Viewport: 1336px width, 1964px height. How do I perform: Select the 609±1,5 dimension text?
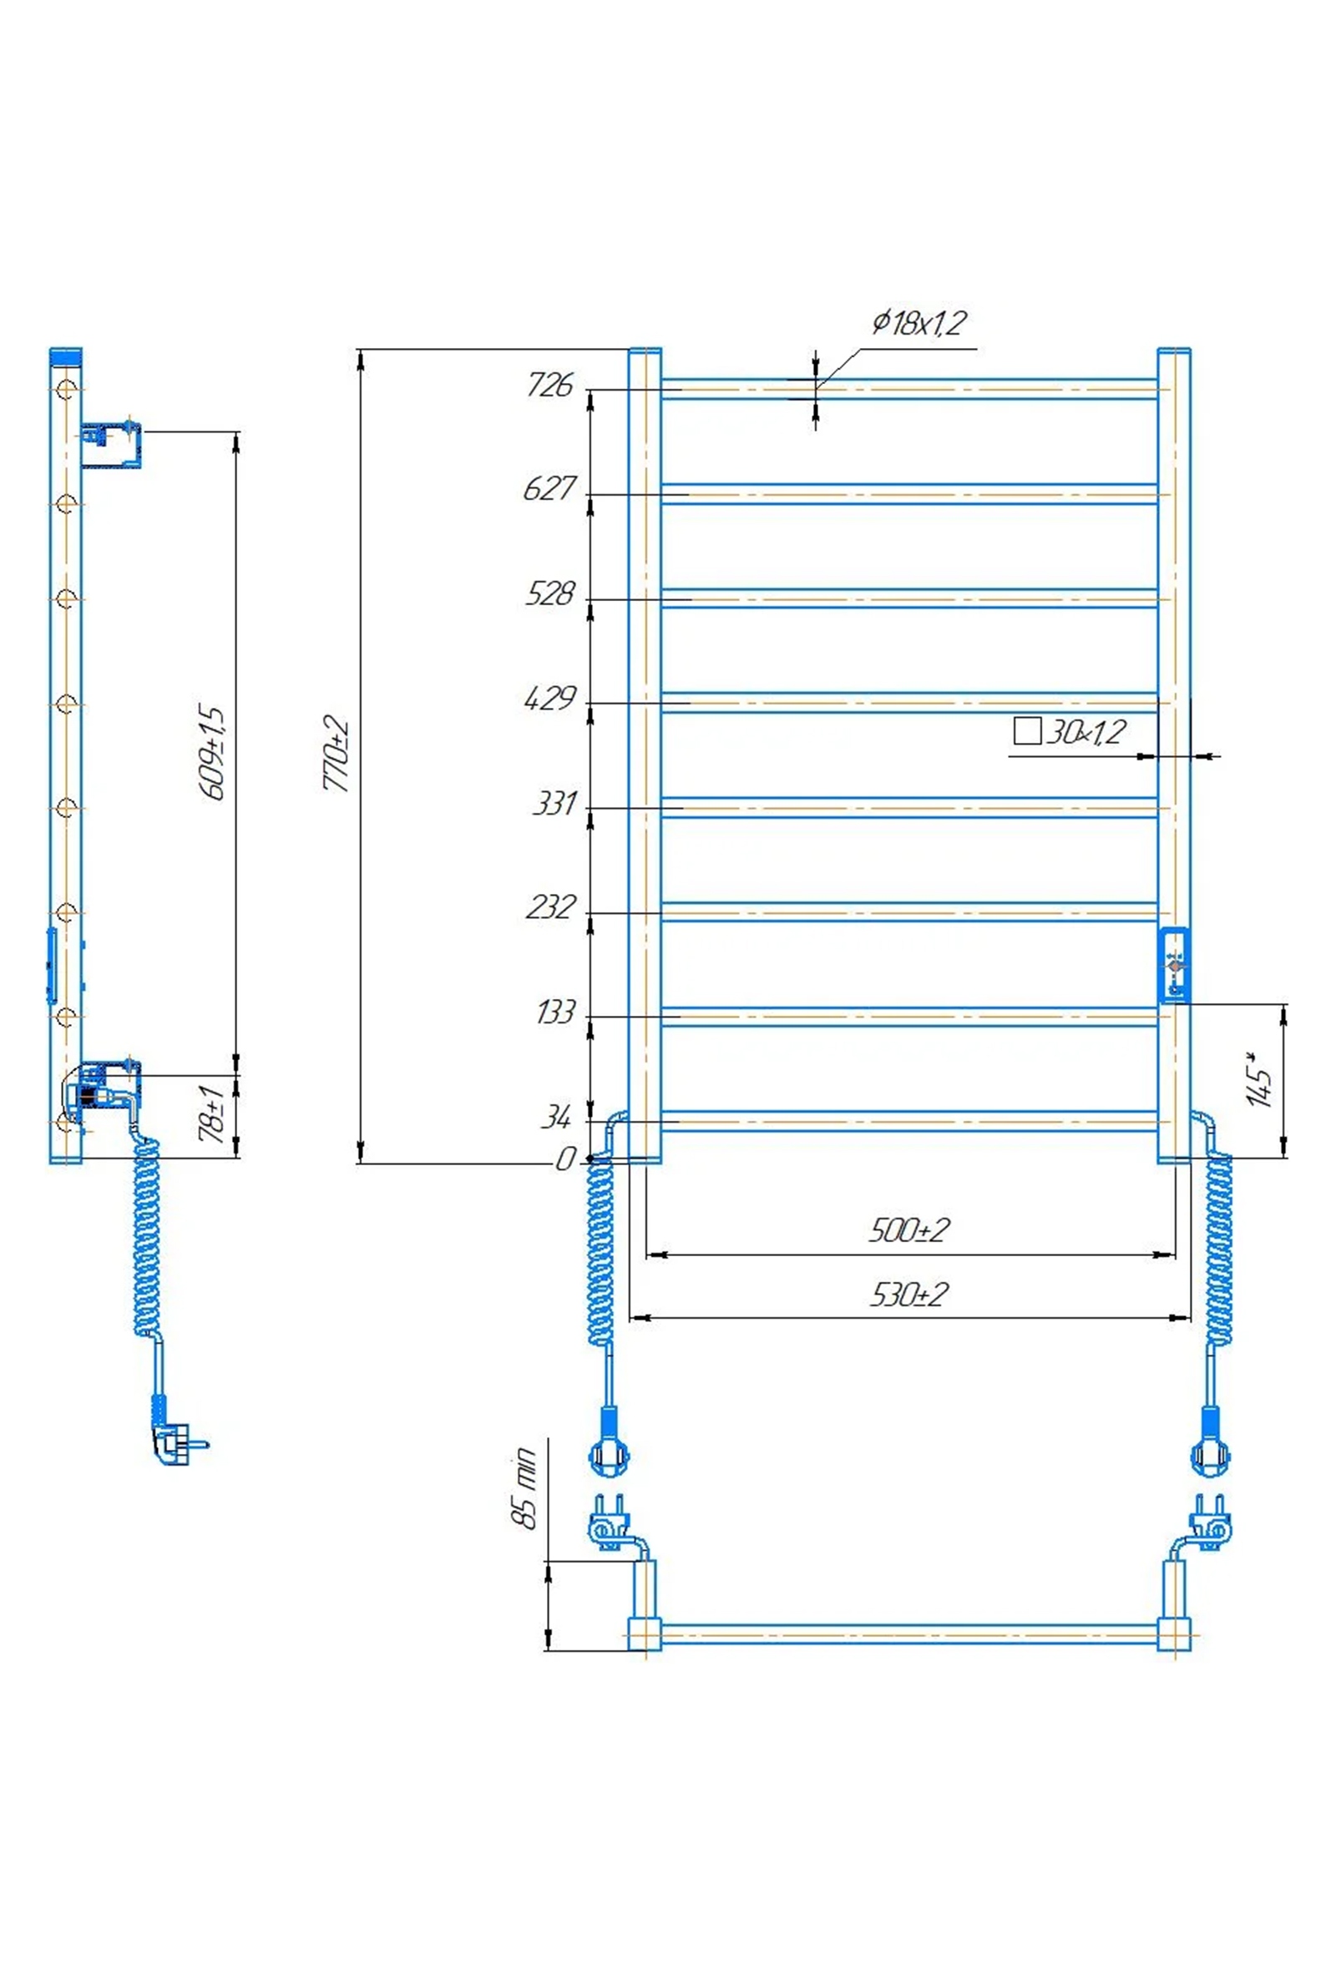pyautogui.click(x=212, y=753)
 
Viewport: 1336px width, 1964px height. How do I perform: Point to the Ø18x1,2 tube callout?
pyautogui.click(x=918, y=322)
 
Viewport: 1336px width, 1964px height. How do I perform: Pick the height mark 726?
pyautogui.click(x=549, y=385)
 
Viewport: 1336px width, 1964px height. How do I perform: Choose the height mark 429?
pyautogui.click(x=549, y=699)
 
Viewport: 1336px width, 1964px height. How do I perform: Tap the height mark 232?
pyautogui.click(x=551, y=906)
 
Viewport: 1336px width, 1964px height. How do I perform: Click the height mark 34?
pyautogui.click(x=556, y=1117)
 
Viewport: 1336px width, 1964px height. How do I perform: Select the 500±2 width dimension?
pyautogui.click(x=909, y=1229)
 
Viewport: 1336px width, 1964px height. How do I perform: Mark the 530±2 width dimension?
pyautogui.click(x=909, y=1294)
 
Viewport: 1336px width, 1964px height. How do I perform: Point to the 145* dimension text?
pyautogui.click(x=1258, y=1078)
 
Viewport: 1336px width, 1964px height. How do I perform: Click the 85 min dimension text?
pyautogui.click(x=524, y=1487)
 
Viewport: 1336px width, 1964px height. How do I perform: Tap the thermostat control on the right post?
pyautogui.click(x=1174, y=965)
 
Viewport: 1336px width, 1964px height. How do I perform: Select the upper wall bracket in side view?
pyautogui.click(x=112, y=445)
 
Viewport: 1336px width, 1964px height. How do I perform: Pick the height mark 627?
pyautogui.click(x=549, y=488)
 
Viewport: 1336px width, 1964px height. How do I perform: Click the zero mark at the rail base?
pyautogui.click(x=564, y=1159)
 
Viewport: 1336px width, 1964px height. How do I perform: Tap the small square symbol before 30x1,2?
pyautogui.click(x=1026, y=731)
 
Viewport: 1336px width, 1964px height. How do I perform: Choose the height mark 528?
pyautogui.click(x=549, y=593)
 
